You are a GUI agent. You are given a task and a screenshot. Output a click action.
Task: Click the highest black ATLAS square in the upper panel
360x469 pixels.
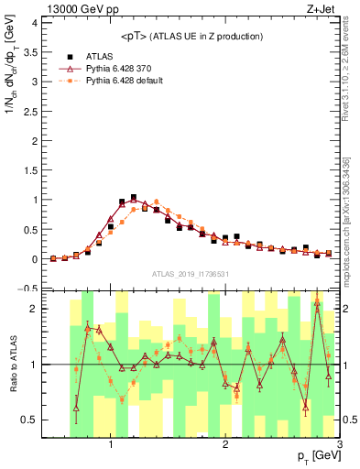[x=134, y=197]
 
